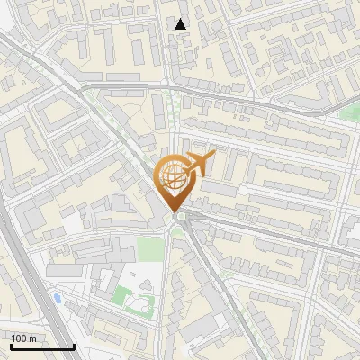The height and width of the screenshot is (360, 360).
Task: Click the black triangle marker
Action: (181, 24)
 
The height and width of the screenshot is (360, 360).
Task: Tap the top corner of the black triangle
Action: (181, 19)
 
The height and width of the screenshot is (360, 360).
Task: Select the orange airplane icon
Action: (200, 164)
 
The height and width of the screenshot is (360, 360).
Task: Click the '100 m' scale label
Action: (23, 338)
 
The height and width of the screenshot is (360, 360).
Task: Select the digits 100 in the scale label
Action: (19, 338)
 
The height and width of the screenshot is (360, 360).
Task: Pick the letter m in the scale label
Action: (32, 338)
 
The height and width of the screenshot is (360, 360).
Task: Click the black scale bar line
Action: (41, 346)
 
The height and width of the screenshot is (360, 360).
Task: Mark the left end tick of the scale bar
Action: (10, 345)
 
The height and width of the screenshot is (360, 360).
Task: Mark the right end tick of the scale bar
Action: (74, 345)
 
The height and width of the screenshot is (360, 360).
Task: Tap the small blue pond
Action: (57, 297)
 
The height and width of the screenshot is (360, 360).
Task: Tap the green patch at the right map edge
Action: (351, 113)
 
